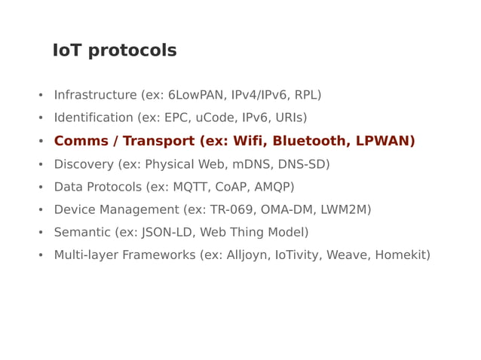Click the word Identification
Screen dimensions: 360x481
[x=93, y=117]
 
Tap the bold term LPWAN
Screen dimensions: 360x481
[x=384, y=141]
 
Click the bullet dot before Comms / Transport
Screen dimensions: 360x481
[x=41, y=142]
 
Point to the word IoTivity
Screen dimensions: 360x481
[x=300, y=255]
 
